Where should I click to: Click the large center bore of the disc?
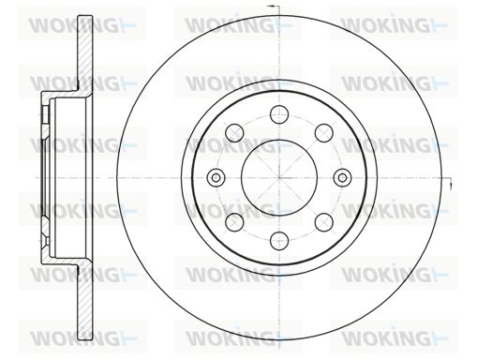click(279, 178)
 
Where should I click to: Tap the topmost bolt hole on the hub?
click(279, 114)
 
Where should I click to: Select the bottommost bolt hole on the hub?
click(279, 241)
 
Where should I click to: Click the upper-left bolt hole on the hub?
click(234, 133)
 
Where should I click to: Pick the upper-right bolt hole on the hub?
click(324, 133)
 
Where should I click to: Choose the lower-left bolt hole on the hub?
click(234, 222)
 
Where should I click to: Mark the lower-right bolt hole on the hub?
click(324, 222)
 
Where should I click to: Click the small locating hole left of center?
click(216, 178)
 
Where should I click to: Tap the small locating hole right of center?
click(343, 178)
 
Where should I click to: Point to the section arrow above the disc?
click(274, 7)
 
